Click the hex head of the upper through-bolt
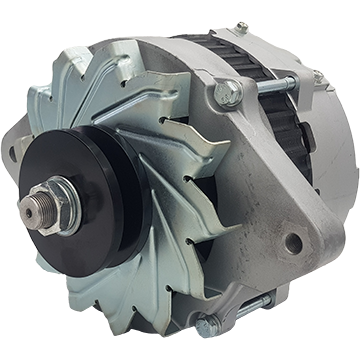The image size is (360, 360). [227, 94]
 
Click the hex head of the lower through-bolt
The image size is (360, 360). [206, 325]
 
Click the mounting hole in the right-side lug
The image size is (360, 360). [293, 242]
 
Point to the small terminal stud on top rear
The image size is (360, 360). [241, 27]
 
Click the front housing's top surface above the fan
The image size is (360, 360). [160, 45]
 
